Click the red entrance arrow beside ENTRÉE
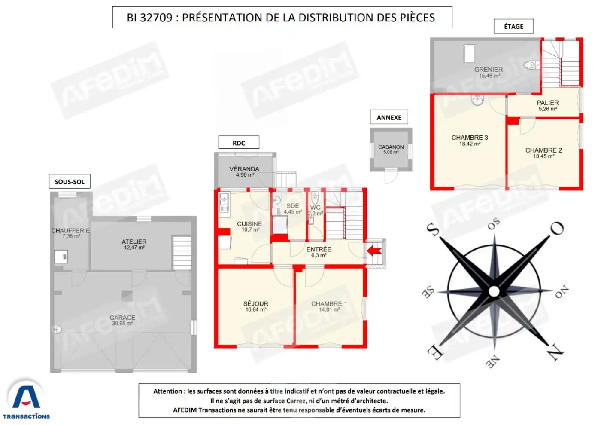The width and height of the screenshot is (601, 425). pos(374,251)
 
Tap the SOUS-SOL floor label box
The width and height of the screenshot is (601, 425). pos(70,181)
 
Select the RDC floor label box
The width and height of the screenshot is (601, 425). pos(239,142)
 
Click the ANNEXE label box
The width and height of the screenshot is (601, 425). pos(389,117)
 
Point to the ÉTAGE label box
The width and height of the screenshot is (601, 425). pos(513,26)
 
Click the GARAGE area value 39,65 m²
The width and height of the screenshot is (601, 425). pos(122,324)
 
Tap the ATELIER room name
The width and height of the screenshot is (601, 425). pos(134,242)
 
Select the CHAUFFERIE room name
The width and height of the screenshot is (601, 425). pos(70,230)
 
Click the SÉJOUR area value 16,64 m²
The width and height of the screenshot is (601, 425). pos(256,310)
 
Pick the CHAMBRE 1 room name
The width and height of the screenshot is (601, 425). pos(329,303)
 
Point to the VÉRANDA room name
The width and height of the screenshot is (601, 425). pos(244,169)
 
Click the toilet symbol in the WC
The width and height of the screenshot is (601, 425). pos(315,199)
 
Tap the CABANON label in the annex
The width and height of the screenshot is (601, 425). pos(391,147)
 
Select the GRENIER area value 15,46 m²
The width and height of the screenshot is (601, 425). pos(490,76)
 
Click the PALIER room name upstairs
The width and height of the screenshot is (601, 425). pos(548,103)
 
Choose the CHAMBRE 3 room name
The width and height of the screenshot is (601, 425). pos(470,138)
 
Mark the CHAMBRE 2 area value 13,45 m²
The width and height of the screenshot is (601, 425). pos(544,156)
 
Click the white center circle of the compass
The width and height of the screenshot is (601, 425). pos(494,291)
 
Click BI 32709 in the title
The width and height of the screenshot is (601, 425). pos(149,18)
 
